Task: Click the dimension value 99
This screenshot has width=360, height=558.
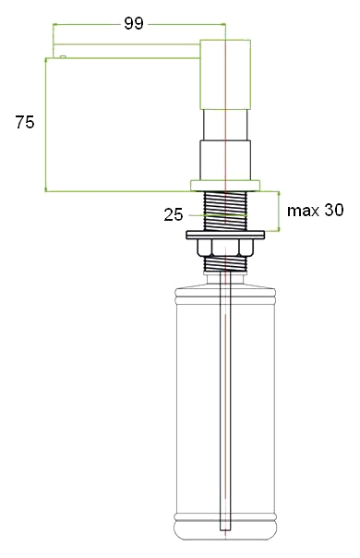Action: pyautogui.click(x=134, y=23)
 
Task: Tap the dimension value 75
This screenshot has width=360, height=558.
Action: pyautogui.click(x=25, y=122)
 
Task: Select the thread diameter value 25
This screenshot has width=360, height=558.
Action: pyautogui.click(x=174, y=214)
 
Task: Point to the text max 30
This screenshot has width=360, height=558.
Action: pyautogui.click(x=316, y=211)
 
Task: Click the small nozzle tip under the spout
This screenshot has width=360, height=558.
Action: pyautogui.click(x=63, y=56)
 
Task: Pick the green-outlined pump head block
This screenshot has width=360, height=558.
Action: pyautogui.click(x=225, y=75)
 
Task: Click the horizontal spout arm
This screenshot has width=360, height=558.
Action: pyautogui.click(x=126, y=51)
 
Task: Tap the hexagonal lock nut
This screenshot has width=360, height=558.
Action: pyautogui.click(x=225, y=248)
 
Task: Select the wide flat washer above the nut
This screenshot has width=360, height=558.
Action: pyautogui.click(x=225, y=235)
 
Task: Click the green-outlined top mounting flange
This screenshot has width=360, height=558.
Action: pyautogui.click(x=225, y=186)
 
